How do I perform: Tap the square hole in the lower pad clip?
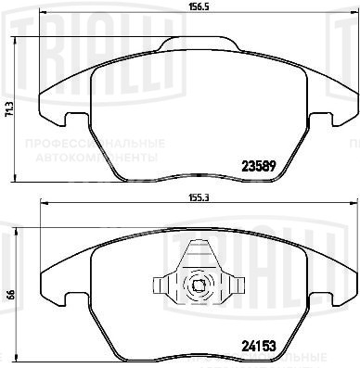click(x=197, y=286)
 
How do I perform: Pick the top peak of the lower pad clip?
click(x=197, y=242)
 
